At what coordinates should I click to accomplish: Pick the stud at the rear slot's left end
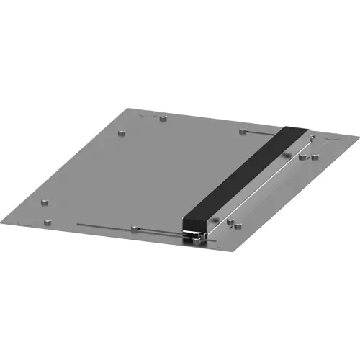click(x=243, y=130)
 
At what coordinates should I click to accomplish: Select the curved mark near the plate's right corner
click(x=330, y=137)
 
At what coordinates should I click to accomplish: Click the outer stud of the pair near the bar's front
click(x=233, y=224)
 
